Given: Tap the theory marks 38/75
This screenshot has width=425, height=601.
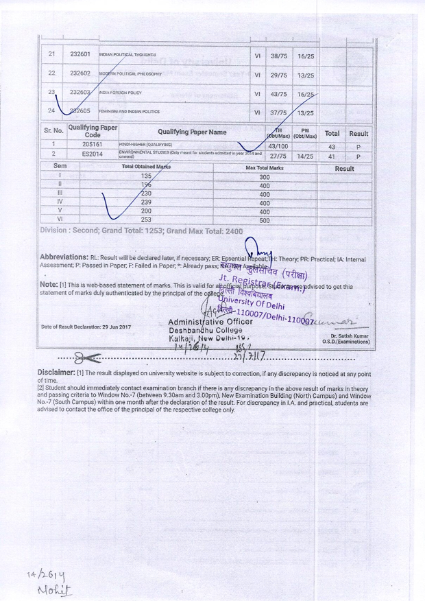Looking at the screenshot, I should (x=278, y=55).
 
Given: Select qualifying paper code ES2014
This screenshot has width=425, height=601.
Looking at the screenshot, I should (x=92, y=156).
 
